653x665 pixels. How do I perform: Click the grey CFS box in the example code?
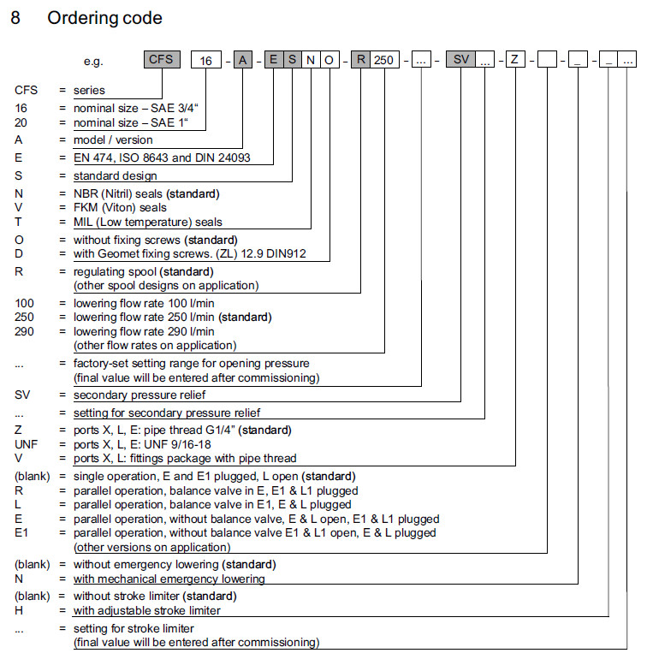[x=162, y=60]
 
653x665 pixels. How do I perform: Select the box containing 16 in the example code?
[x=206, y=61]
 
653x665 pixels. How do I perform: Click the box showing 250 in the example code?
[x=385, y=61]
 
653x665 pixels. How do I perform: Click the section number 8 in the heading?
[x=15, y=18]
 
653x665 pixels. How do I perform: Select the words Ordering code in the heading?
[x=104, y=18]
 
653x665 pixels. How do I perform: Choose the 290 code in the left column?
[x=25, y=331]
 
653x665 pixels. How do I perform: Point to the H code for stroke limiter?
[x=19, y=610]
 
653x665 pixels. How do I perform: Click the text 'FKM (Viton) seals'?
[x=120, y=207]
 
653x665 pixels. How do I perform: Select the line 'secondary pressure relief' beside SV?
[x=140, y=395]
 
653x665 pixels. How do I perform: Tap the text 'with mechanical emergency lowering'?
[x=169, y=579]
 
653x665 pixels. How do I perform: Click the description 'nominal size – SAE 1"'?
[x=130, y=122]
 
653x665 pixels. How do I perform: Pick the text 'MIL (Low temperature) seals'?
[x=147, y=222]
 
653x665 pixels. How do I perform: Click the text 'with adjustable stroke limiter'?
[x=147, y=610]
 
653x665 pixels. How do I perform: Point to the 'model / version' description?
[x=113, y=140]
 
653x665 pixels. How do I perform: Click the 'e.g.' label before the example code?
[x=93, y=62]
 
